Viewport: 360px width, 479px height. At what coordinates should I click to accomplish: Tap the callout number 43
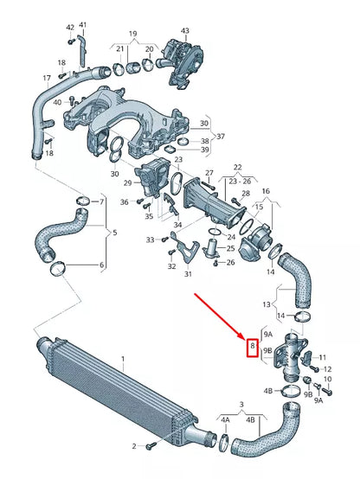[x=184, y=31]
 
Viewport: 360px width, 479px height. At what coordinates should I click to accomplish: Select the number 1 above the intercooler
[x=123, y=358]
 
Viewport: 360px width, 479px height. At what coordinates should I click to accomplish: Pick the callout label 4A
[x=226, y=420]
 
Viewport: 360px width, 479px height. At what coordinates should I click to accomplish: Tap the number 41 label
[x=82, y=24]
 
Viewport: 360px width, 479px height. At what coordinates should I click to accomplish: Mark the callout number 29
[x=126, y=183]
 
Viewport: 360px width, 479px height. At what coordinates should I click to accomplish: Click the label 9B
[x=267, y=351]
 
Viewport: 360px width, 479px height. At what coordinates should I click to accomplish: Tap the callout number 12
[x=327, y=369]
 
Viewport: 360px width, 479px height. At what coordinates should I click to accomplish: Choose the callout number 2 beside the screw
[x=134, y=445]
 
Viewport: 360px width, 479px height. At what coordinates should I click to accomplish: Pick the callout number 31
[x=188, y=274]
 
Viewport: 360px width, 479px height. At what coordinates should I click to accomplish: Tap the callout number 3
[x=242, y=404]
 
